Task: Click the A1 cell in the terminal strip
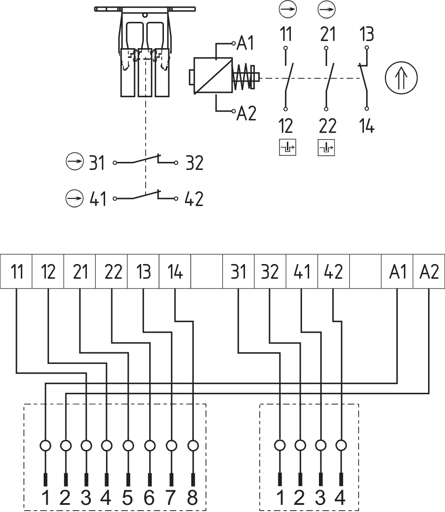point(397,272)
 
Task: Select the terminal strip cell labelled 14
point(175,272)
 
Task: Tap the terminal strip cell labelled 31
point(238,272)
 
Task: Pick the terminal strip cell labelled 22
point(112,272)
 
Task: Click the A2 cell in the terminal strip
point(429,272)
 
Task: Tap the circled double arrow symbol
point(401,78)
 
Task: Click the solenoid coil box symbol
point(212,76)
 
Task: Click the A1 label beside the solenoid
point(246,44)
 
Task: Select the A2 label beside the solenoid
point(246,114)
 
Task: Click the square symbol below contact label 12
point(287,148)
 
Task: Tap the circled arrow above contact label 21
point(327,8)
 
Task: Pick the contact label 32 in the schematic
point(193,164)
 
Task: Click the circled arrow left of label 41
point(74,197)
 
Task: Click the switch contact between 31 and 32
point(145,160)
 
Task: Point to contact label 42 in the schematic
point(193,198)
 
